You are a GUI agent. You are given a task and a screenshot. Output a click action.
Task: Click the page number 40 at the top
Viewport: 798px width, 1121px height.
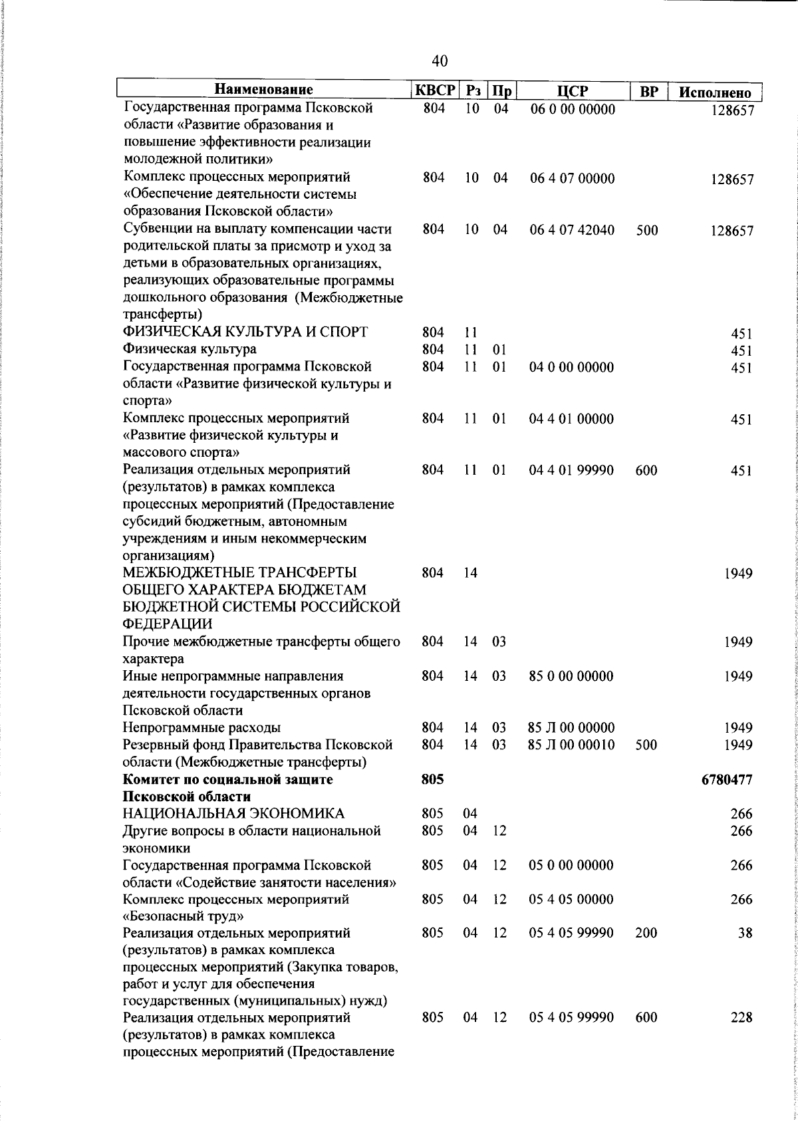click(x=440, y=61)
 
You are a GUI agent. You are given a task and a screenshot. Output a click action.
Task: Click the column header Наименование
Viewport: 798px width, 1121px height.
click(x=264, y=90)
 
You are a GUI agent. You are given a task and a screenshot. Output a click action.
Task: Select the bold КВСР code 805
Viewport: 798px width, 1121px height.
click(x=433, y=779)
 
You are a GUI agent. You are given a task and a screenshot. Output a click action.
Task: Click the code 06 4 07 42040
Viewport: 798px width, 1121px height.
click(x=572, y=230)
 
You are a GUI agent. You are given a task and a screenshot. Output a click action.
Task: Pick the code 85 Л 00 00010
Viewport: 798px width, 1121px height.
click(x=571, y=745)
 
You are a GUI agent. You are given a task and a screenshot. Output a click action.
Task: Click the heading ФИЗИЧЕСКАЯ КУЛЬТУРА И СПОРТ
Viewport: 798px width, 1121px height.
click(x=245, y=332)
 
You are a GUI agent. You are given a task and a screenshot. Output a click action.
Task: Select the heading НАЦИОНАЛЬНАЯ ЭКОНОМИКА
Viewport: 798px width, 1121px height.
click(x=233, y=813)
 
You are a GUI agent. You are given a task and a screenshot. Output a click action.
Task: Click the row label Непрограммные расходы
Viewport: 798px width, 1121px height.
click(x=201, y=727)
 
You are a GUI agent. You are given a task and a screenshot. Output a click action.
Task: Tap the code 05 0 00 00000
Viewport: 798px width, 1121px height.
click(x=571, y=865)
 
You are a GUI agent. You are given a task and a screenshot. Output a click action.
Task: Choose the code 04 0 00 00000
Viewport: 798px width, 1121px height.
click(x=571, y=367)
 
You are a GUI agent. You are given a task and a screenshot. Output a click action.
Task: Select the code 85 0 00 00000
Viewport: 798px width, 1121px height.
click(x=571, y=676)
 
